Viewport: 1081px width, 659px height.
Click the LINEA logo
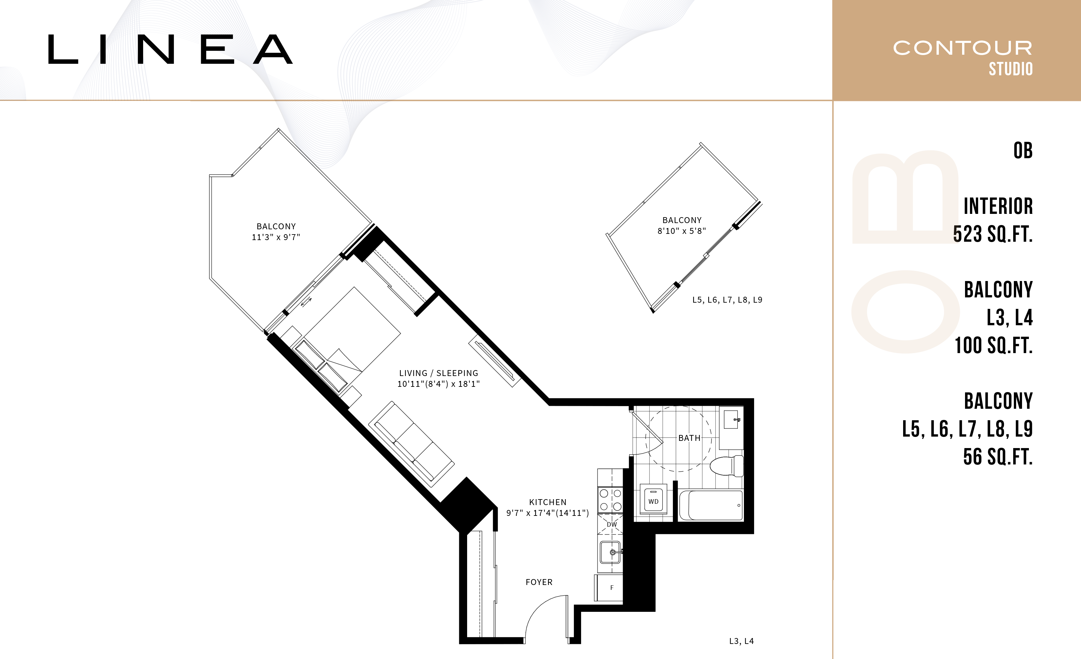tap(170, 49)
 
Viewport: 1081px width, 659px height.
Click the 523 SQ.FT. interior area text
tap(993, 234)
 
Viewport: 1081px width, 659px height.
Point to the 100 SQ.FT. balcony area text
tap(994, 345)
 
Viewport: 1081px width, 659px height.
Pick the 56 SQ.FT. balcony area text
tap(998, 456)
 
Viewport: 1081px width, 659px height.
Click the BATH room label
tap(689, 438)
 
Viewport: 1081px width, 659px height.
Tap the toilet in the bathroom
tap(727, 466)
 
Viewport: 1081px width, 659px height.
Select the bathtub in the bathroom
tap(711, 505)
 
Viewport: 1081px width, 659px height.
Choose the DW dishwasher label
tap(612, 524)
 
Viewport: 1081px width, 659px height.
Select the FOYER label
tap(539, 582)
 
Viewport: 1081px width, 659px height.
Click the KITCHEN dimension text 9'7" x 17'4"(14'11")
tap(547, 513)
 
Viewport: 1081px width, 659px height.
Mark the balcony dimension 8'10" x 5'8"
tap(682, 231)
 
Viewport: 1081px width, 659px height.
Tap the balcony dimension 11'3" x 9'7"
tap(276, 237)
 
